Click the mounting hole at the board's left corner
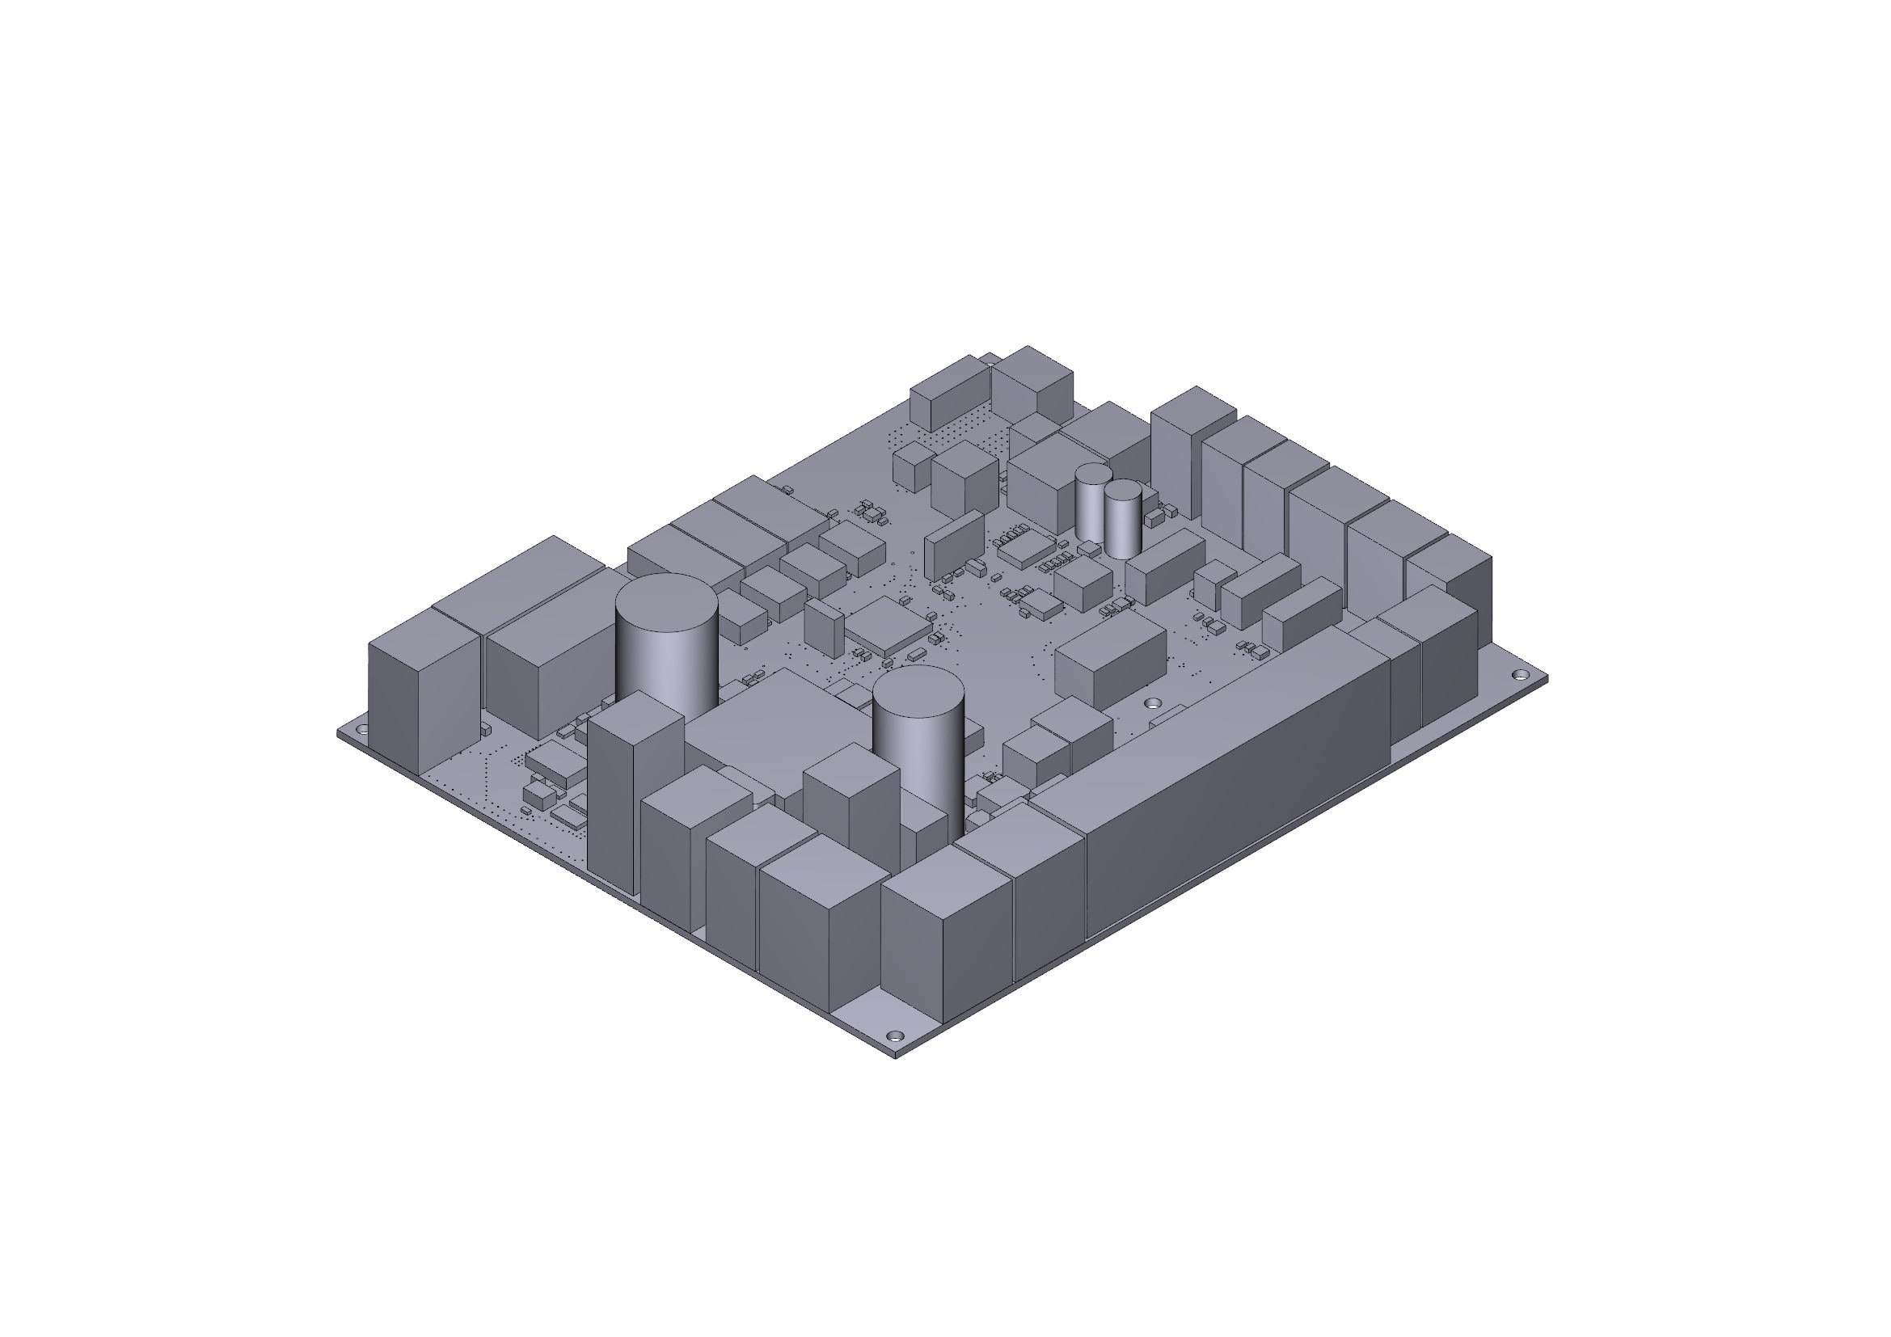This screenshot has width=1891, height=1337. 360,730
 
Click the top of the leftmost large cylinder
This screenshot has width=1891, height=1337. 666,603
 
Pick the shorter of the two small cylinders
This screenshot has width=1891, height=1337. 1123,519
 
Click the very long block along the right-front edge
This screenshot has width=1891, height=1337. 1235,782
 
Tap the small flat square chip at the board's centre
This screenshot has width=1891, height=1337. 889,626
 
